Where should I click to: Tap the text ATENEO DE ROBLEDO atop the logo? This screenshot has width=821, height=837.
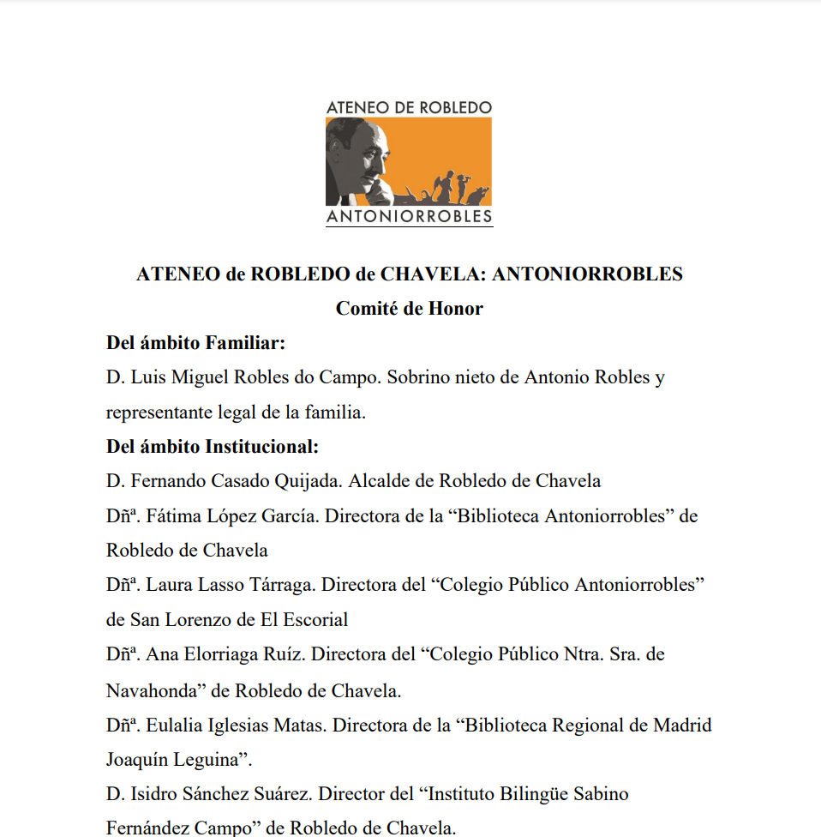(409, 107)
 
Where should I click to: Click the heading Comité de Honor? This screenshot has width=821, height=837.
(409, 309)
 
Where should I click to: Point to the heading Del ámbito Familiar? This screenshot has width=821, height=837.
(195, 343)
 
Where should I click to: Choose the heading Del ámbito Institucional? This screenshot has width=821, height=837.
(213, 447)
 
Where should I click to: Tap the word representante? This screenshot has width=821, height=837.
(161, 412)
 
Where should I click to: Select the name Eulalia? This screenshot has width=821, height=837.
(176, 725)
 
